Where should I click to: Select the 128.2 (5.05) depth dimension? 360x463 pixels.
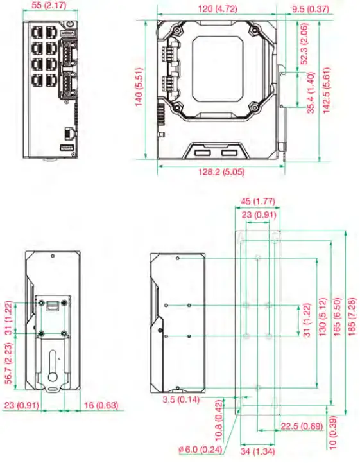click(x=221, y=172)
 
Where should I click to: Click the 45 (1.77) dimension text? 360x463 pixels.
click(x=258, y=201)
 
